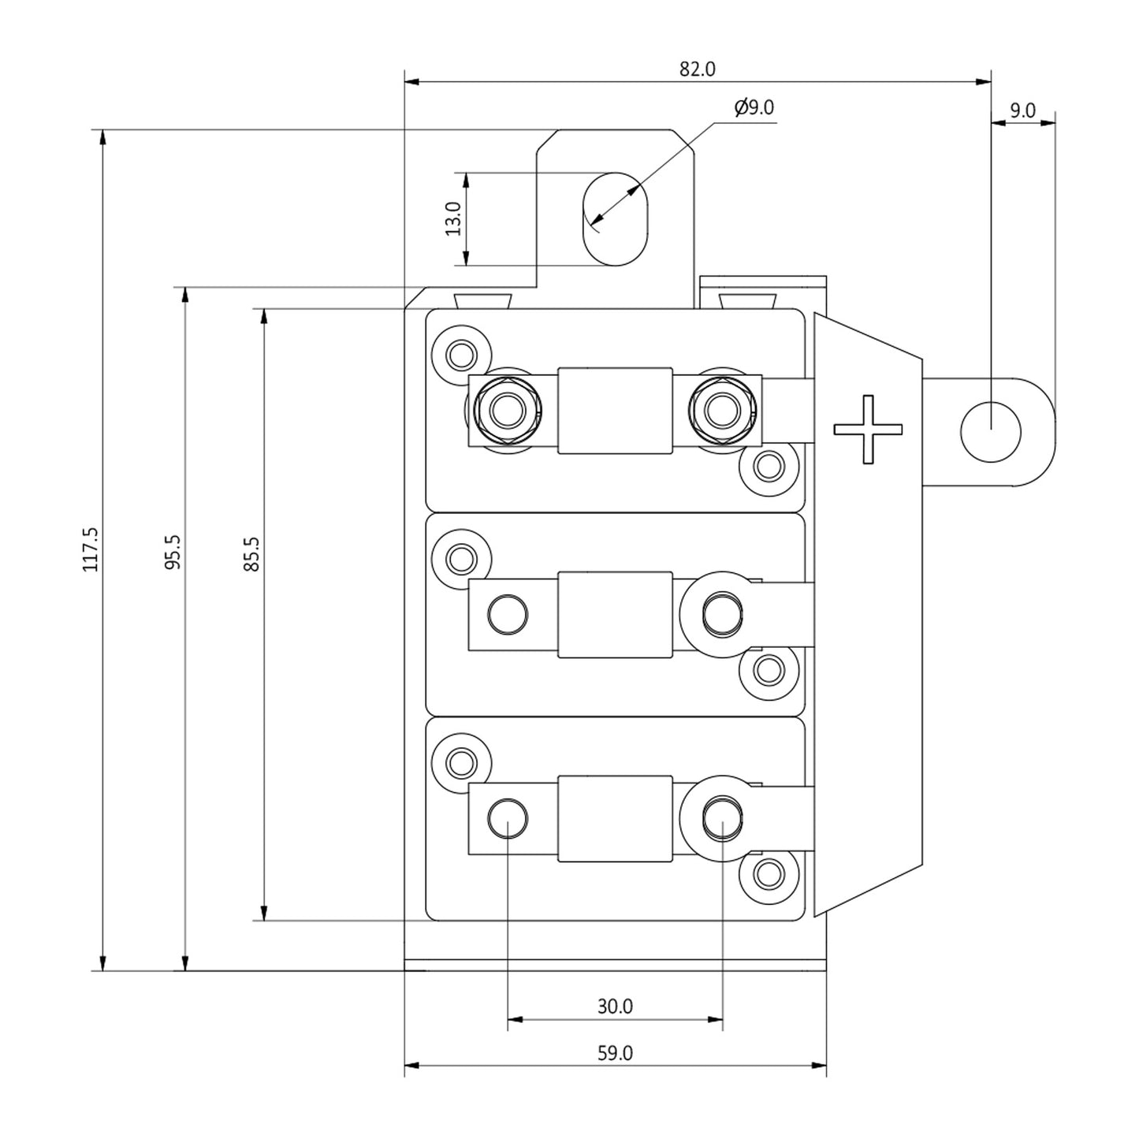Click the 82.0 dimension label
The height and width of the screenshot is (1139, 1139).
pyautogui.click(x=697, y=69)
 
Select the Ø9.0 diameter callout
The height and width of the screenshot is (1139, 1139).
pyautogui.click(x=754, y=107)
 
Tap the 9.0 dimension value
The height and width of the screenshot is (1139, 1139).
pyautogui.click(x=1022, y=111)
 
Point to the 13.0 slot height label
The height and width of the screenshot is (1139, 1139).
pyautogui.click(x=453, y=219)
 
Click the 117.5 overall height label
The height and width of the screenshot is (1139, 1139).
pyautogui.click(x=91, y=549)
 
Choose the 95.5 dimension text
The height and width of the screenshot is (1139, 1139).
pyautogui.click(x=173, y=552)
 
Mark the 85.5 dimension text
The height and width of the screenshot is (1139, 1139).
pyautogui.click(x=252, y=554)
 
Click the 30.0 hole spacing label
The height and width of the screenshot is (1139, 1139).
pyautogui.click(x=615, y=1007)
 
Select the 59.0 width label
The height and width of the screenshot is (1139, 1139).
pyautogui.click(x=615, y=1053)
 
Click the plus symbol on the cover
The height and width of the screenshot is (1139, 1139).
pyautogui.click(x=868, y=430)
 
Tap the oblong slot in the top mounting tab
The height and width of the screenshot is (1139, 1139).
pyautogui.click(x=615, y=219)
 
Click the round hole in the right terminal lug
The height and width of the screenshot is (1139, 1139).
pyautogui.click(x=991, y=431)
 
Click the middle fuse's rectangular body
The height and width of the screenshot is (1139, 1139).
pyautogui.click(x=615, y=615)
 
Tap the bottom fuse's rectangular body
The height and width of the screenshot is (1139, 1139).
pyautogui.click(x=615, y=818)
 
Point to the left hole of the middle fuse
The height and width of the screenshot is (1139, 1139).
pyautogui.click(x=508, y=615)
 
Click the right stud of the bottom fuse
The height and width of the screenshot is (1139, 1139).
pyautogui.click(x=722, y=818)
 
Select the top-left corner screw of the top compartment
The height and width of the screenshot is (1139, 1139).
pyautogui.click(x=461, y=355)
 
